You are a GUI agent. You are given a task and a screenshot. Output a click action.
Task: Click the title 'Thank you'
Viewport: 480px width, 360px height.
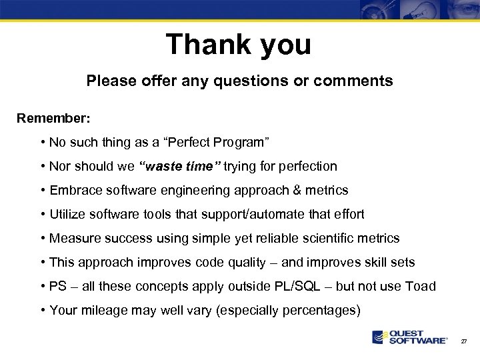pos(239,45)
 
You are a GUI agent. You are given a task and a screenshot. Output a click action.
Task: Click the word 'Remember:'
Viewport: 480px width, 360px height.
pos(53,118)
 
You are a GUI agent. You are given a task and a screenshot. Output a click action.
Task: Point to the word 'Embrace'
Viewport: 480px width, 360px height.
pos(72,190)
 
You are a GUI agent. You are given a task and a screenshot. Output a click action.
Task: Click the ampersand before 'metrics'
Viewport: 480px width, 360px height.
pos(296,190)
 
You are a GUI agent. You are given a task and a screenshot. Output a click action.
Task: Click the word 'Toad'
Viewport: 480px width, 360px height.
pos(421,286)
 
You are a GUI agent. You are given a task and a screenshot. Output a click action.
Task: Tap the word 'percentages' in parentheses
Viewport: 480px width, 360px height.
pos(321,310)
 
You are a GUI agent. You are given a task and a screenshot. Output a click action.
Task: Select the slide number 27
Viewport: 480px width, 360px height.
pos(464,341)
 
